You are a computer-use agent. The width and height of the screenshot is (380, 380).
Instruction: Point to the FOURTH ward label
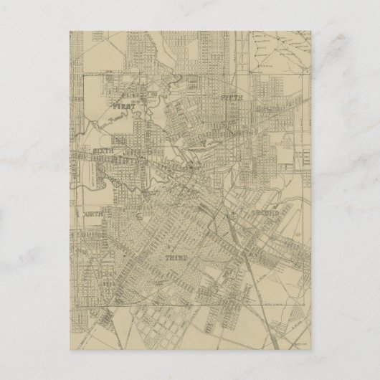pyautogui.click(x=92, y=212)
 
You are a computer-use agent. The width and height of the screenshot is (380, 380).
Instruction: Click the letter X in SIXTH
pyautogui.click(x=104, y=152)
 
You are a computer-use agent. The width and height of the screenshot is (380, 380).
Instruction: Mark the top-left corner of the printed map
pyautogui.click(x=70, y=29)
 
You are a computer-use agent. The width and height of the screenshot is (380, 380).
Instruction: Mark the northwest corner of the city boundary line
pyautogui.click(x=85, y=72)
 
